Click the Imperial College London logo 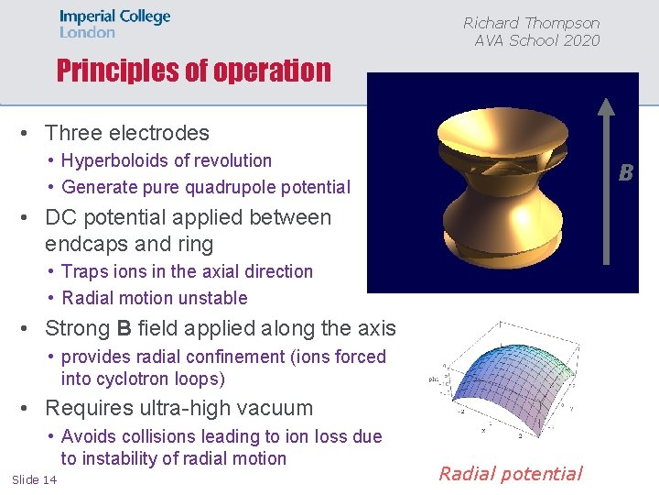(x=114, y=24)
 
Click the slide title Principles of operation (x=193, y=71)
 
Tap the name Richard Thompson (x=531, y=23)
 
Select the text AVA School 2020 (x=536, y=40)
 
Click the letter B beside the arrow (x=626, y=172)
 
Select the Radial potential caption (x=510, y=473)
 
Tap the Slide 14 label (x=34, y=480)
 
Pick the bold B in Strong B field (x=124, y=328)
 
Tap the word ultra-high (x=171, y=408)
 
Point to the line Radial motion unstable (x=154, y=298)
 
